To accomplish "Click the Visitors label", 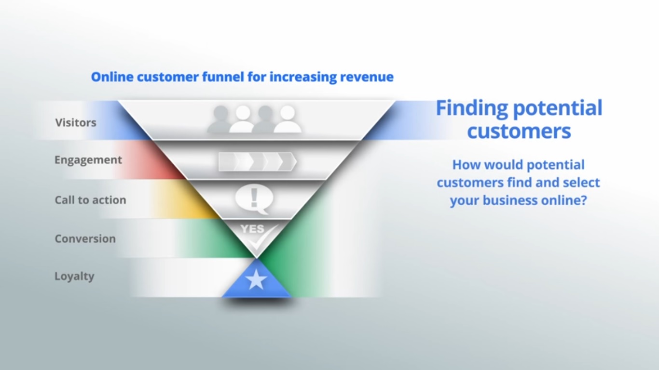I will [x=76, y=122].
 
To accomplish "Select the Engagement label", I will [x=88, y=160].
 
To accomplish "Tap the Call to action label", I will [x=90, y=200].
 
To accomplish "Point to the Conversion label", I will [x=85, y=238].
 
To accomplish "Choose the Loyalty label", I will [x=74, y=277].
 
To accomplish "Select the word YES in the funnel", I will [x=252, y=229].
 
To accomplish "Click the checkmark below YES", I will [x=263, y=237].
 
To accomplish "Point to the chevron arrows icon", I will [x=257, y=162].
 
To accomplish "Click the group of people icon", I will [x=254, y=119].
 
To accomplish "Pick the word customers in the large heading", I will [x=519, y=131].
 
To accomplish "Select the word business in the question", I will [x=514, y=200].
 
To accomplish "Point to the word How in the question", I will [x=467, y=165].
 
